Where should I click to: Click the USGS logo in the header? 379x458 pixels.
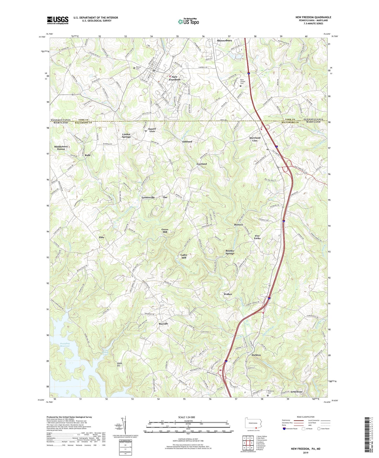[x=58, y=20]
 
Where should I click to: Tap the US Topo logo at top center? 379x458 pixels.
[x=188, y=22]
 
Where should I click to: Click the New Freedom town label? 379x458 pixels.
[x=174, y=78]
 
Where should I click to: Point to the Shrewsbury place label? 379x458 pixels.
[x=224, y=41]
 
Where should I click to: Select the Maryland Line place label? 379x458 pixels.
[x=255, y=139]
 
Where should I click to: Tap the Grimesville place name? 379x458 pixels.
[x=148, y=198]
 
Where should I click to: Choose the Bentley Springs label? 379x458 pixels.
[x=230, y=252]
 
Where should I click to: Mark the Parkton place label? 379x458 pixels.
[x=256, y=355]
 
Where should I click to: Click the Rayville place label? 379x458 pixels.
[x=163, y=324]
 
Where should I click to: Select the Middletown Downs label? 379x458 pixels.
[x=61, y=148]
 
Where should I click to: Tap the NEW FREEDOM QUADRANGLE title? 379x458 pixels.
[x=313, y=17]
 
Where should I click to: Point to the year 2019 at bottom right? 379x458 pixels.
[x=306, y=453]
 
